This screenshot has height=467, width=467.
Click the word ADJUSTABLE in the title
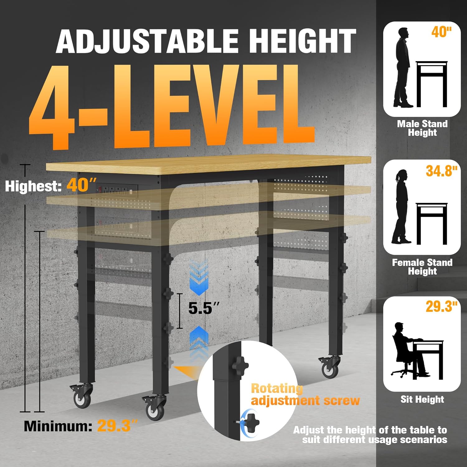pyautogui.click(x=147, y=41)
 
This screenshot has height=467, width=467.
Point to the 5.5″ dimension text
pyautogui.click(x=204, y=308)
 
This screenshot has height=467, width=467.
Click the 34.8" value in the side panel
pyautogui.click(x=441, y=171)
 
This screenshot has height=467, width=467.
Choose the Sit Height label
pyautogui.click(x=422, y=399)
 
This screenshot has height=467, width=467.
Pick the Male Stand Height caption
pyautogui.click(x=422, y=128)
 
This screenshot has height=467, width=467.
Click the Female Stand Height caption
pyautogui.click(x=422, y=267)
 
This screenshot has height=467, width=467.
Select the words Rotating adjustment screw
pyautogui.click(x=305, y=394)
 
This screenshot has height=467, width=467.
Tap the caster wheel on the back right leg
pyautogui.click(x=330, y=367)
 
